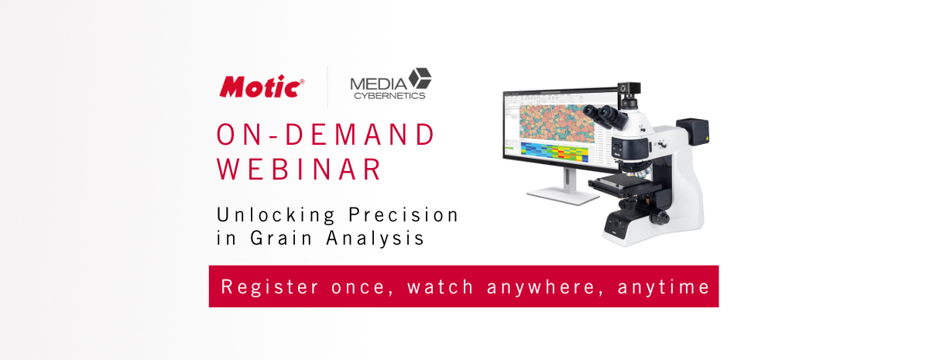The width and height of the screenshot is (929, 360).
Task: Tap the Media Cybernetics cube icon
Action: pyautogui.click(x=420, y=79)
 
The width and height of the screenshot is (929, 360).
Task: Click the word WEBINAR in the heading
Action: pyautogui.click(x=299, y=169)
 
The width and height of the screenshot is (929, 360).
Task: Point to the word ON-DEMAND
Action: pyautogui.click(x=326, y=134)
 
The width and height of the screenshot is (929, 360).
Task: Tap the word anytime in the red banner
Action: pyautogui.click(x=663, y=287)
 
